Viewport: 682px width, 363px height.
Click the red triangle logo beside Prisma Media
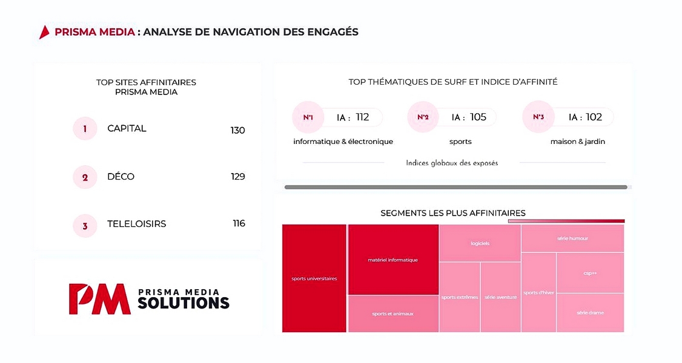click(x=44, y=32)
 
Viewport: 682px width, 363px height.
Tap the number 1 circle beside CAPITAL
click(x=85, y=129)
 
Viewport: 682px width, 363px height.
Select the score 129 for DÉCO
click(x=237, y=177)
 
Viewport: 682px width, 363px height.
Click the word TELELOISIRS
click(x=136, y=224)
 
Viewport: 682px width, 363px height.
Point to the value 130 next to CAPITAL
click(x=237, y=130)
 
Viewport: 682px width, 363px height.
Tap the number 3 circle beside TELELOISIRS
click(x=85, y=226)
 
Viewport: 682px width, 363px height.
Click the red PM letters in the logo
click(x=99, y=299)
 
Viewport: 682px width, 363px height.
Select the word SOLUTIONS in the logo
click(x=184, y=302)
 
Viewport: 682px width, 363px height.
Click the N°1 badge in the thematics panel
click(x=308, y=117)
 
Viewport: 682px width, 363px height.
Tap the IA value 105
click(x=478, y=117)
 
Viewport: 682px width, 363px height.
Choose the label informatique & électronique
click(x=343, y=142)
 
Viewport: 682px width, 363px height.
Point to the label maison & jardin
click(x=577, y=142)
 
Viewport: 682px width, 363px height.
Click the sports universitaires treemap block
click(x=314, y=278)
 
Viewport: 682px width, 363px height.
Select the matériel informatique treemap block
click(x=392, y=260)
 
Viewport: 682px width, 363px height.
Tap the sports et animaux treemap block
click(x=392, y=313)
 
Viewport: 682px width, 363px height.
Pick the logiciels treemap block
click(x=480, y=243)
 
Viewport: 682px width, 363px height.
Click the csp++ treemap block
click(x=590, y=273)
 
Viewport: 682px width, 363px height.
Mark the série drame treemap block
click(x=590, y=313)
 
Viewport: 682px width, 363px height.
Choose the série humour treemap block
click(x=572, y=238)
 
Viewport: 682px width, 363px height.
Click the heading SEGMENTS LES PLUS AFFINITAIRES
click(x=452, y=213)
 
